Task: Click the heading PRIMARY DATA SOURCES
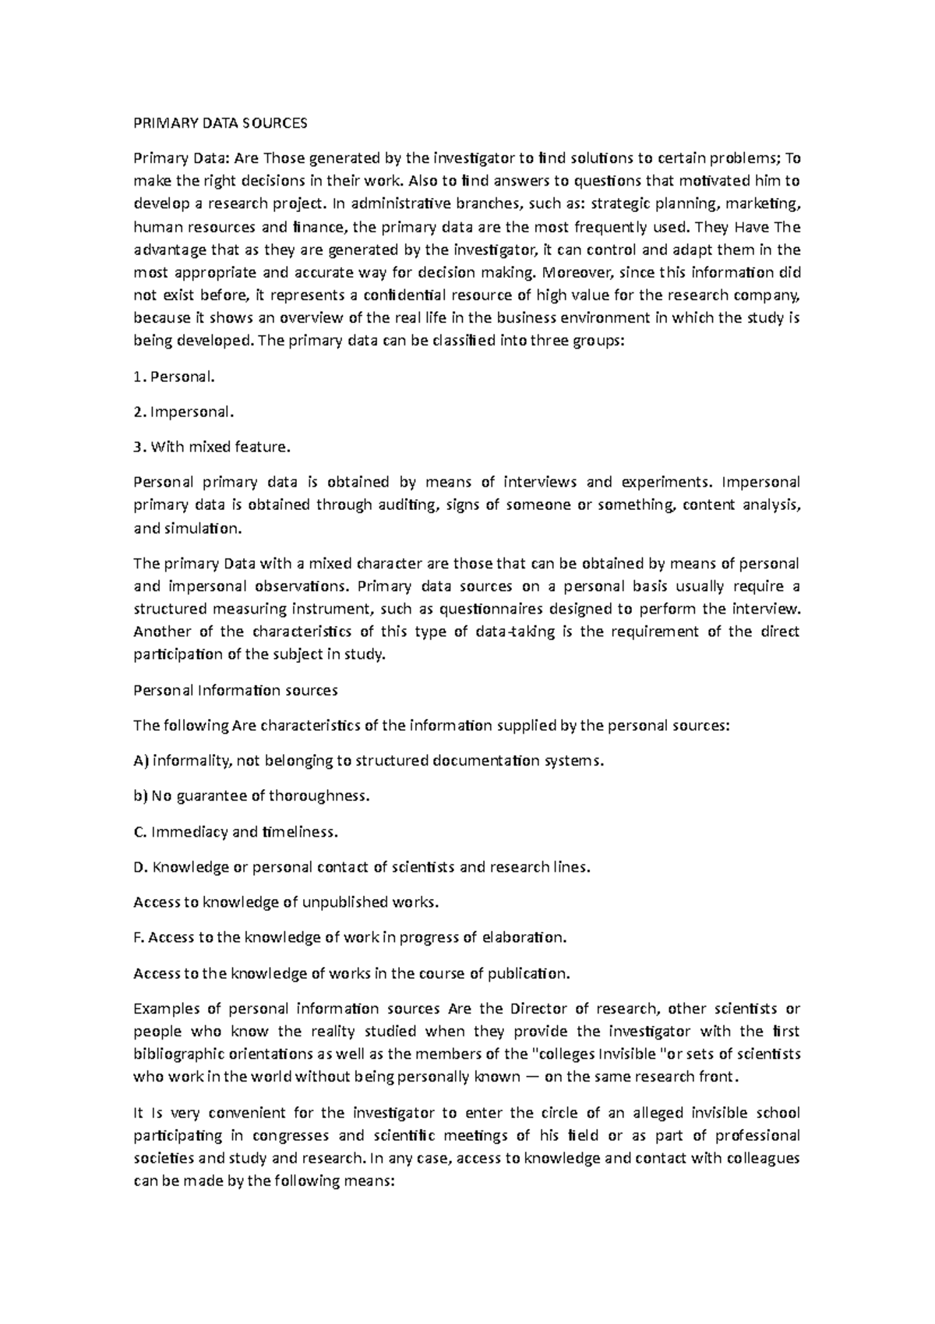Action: coord(221,123)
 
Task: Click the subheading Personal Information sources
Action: coord(235,690)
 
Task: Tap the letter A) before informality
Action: coord(141,761)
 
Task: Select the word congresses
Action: coord(294,1135)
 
